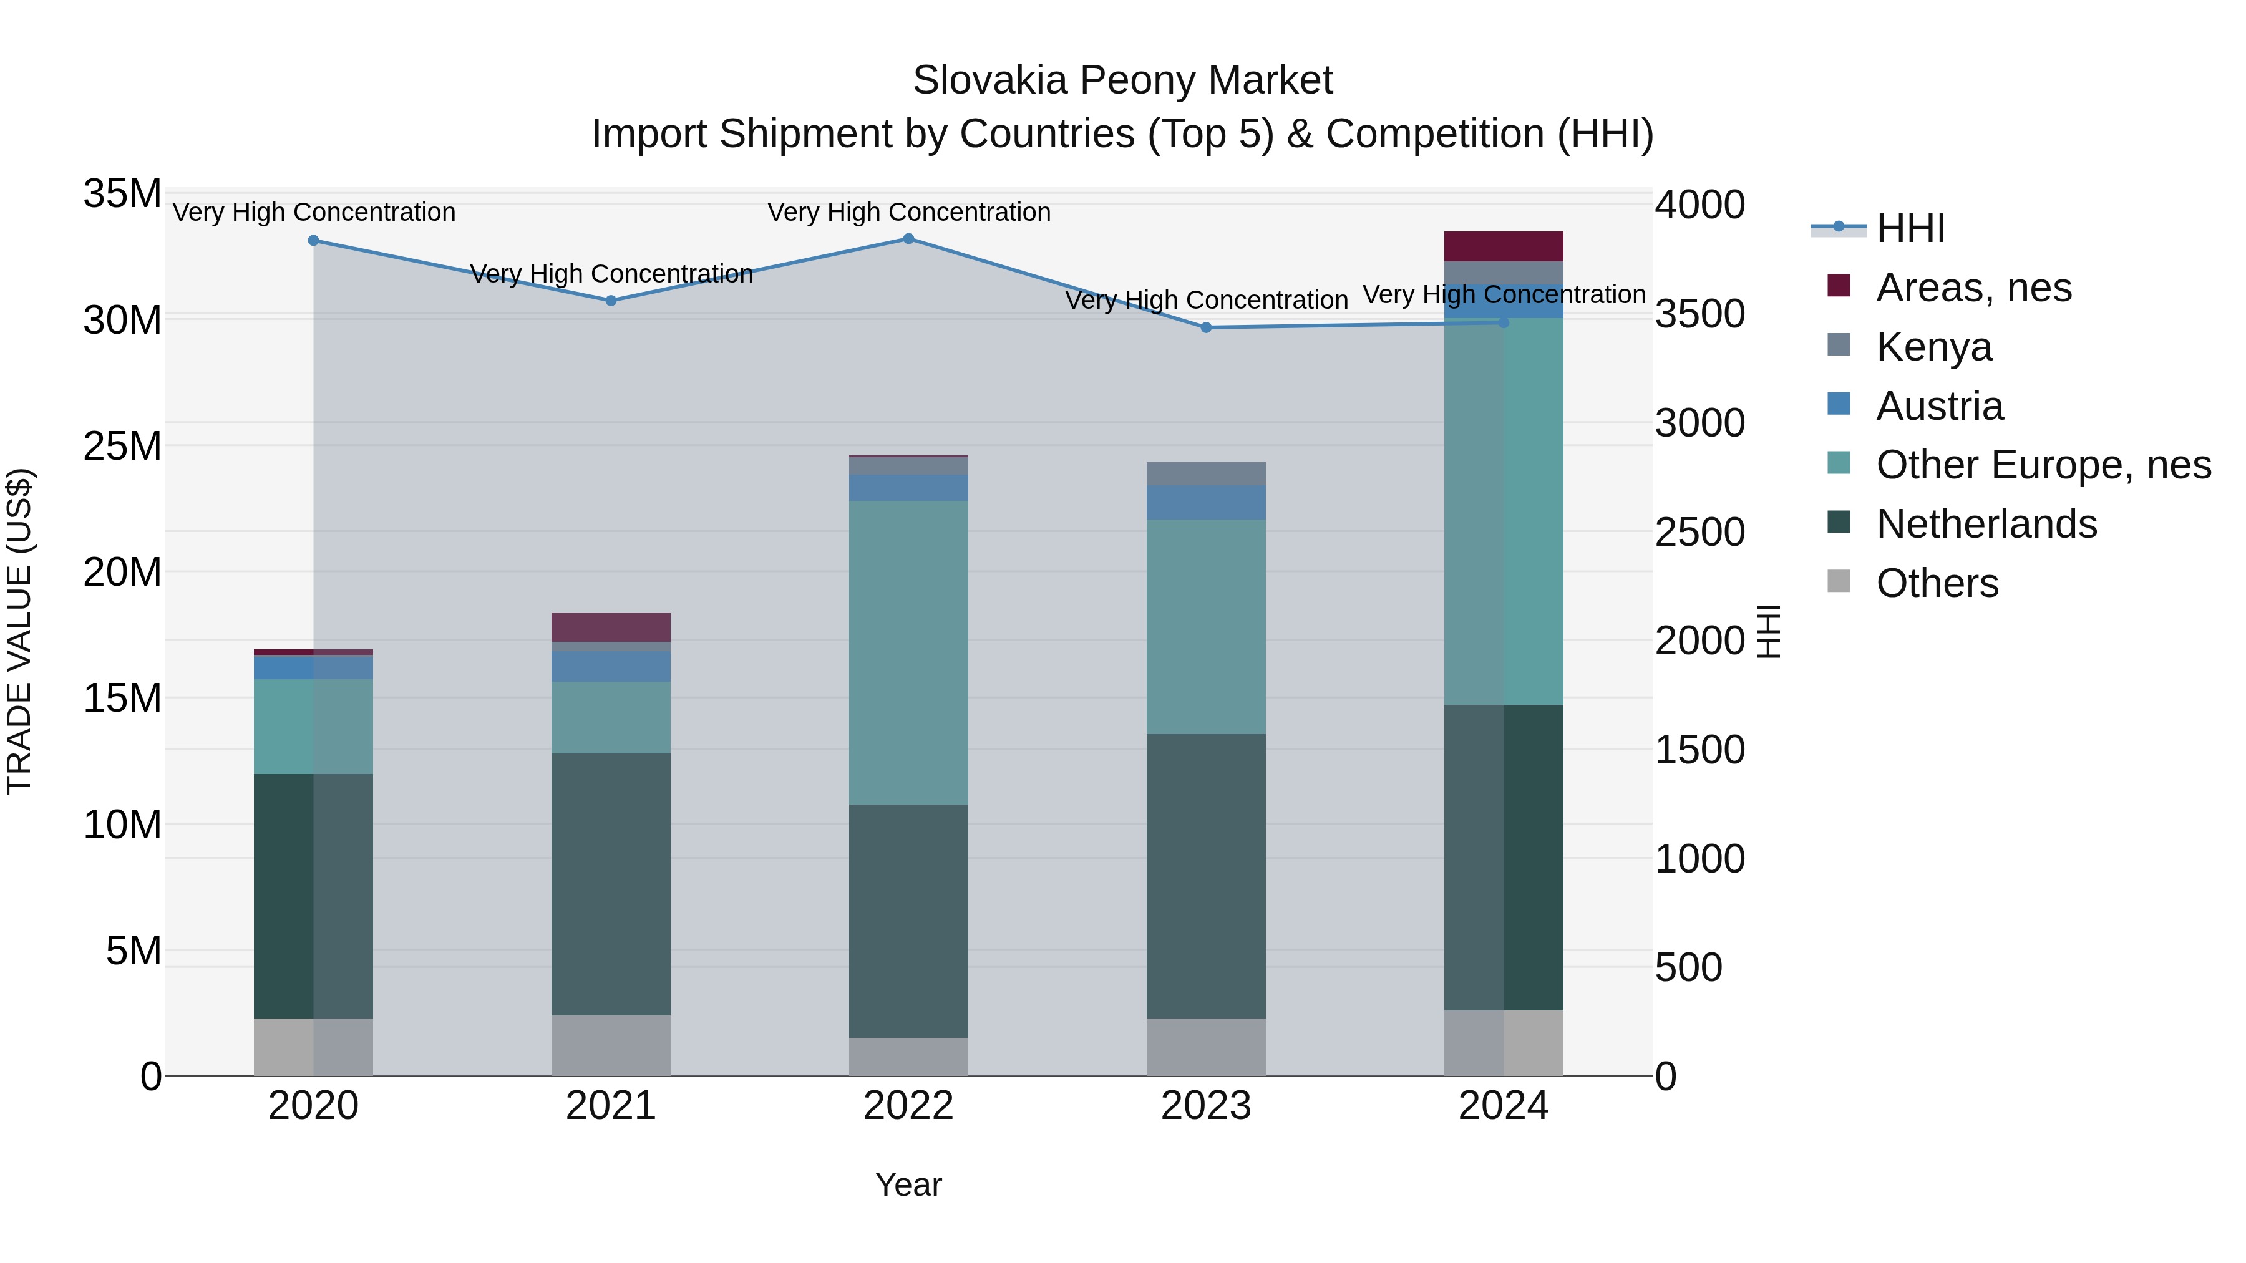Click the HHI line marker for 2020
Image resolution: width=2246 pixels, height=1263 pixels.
[314, 241]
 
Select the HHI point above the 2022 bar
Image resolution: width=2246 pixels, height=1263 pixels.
[908, 239]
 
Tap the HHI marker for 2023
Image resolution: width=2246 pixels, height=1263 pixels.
[1206, 327]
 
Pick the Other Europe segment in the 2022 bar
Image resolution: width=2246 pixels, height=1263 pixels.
[908, 652]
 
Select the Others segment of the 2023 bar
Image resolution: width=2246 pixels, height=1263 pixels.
[1206, 1046]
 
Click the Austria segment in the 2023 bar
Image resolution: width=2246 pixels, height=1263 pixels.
[1206, 502]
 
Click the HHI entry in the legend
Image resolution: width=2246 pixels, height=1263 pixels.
[1910, 228]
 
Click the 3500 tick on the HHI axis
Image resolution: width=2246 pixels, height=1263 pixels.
[1699, 315]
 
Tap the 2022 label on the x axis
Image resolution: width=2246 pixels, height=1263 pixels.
[908, 1106]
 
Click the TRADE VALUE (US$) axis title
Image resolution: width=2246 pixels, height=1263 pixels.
[19, 631]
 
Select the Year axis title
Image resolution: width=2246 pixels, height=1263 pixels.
[908, 1184]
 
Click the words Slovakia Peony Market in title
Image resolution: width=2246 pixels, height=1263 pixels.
[1122, 80]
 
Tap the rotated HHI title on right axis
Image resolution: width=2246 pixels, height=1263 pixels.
[1767, 631]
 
